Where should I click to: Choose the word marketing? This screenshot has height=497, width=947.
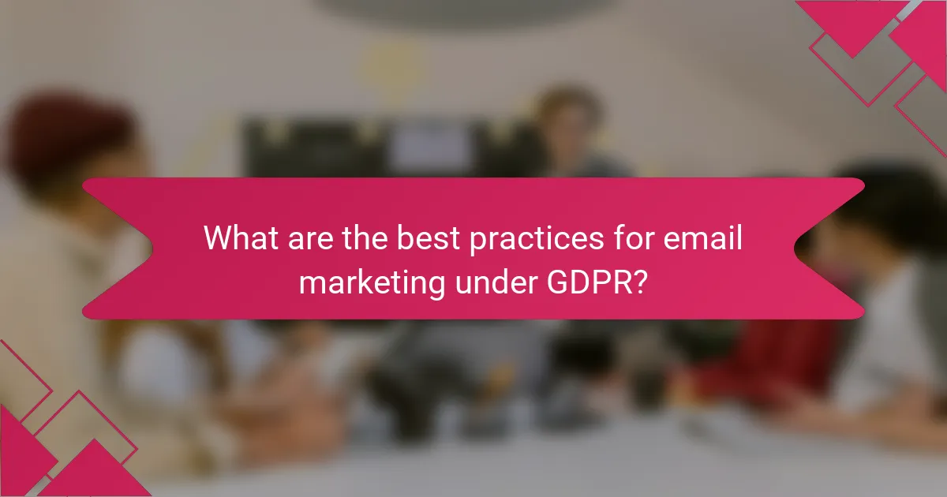click(365, 282)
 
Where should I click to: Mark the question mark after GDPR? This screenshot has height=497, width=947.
click(641, 281)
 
